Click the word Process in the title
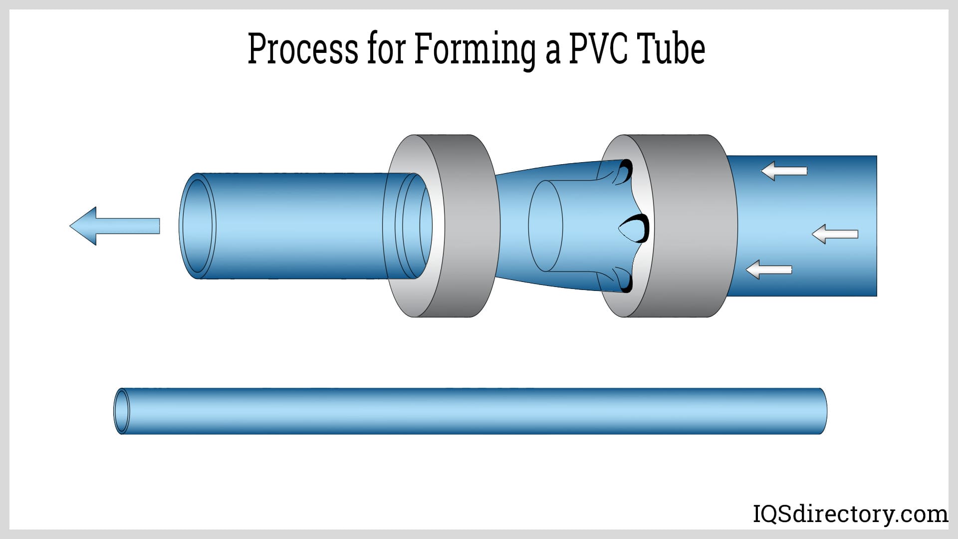tap(303, 50)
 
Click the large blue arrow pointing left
tap(114, 226)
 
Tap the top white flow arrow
tap(784, 171)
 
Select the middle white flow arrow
tap(835, 234)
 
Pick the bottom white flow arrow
tap(769, 269)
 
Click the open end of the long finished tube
tap(121, 411)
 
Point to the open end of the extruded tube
tap(198, 226)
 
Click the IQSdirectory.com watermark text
tap(850, 514)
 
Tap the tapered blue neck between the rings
tap(514, 226)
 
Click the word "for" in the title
tap(385, 50)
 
